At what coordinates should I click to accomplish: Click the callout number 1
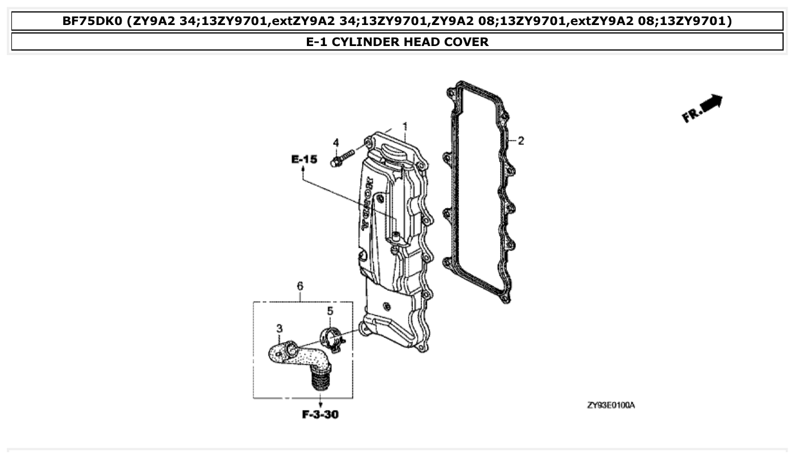(x=405, y=125)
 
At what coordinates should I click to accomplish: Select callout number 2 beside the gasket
(x=521, y=140)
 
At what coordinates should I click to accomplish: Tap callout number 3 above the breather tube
(x=280, y=328)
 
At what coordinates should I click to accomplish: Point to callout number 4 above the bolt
(x=336, y=142)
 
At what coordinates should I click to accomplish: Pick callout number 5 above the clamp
(x=330, y=311)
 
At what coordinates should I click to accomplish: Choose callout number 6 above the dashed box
(x=300, y=286)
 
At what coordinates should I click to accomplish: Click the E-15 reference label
(x=304, y=160)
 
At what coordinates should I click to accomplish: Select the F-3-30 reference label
(x=320, y=415)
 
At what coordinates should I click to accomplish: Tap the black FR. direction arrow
(x=710, y=105)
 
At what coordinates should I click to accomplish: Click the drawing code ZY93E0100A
(x=611, y=405)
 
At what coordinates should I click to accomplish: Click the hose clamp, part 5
(x=331, y=339)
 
